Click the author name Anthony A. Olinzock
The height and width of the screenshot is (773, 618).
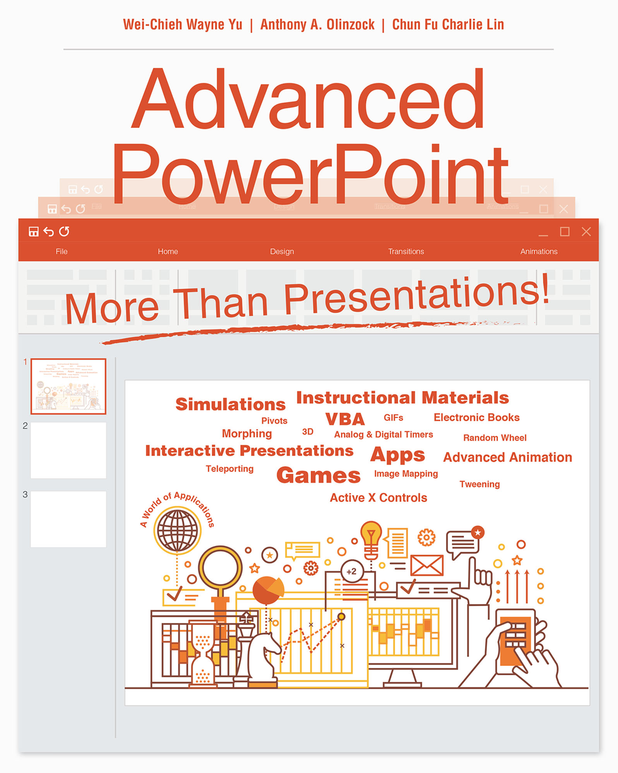point(317,25)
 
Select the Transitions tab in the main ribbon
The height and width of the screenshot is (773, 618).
point(406,252)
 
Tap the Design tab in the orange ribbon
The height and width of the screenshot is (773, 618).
point(282,252)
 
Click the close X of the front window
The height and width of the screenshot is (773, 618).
point(586,232)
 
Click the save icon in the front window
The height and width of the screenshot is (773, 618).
point(34,232)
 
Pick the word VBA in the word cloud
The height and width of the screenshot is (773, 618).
point(345,419)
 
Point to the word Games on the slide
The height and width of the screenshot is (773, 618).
point(318,475)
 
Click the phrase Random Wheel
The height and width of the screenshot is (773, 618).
point(495,438)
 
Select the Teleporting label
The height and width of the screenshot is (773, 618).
point(229,469)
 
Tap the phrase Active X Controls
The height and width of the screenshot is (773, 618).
point(378,498)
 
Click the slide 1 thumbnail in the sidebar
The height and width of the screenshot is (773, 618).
point(68,386)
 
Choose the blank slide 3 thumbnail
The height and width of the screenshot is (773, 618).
point(68,519)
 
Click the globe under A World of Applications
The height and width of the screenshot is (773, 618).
point(177,530)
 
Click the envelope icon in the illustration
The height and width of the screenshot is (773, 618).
point(426,565)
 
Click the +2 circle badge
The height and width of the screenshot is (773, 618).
point(351,571)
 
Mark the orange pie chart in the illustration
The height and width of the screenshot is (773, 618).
point(268,589)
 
